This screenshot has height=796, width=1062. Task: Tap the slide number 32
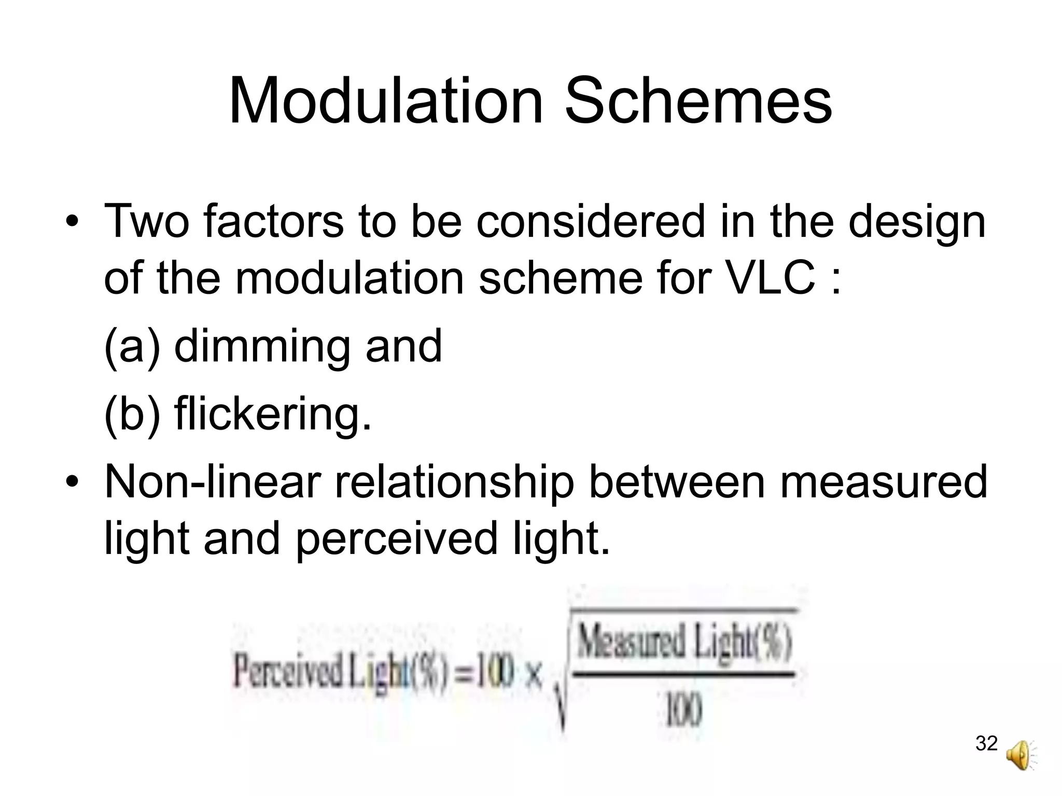pos(986,743)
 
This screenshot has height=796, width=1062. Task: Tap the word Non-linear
pos(213,482)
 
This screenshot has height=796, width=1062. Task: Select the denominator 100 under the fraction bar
pos(683,712)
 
